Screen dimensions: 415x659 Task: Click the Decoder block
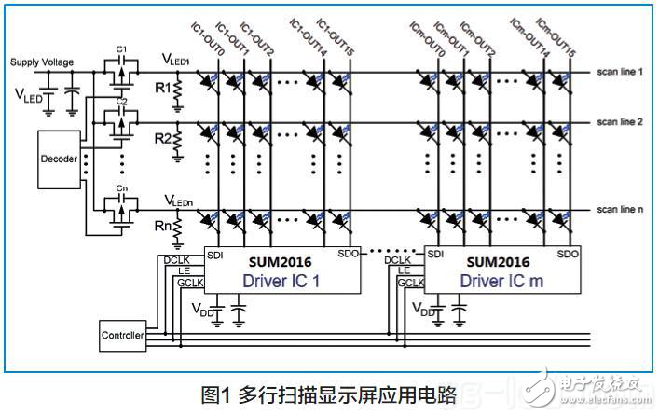click(57, 157)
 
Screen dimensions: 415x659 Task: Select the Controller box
click(122, 335)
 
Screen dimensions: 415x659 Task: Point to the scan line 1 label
click(621, 72)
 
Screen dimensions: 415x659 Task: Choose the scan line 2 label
click(621, 122)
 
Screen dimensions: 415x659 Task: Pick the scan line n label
click(621, 212)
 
